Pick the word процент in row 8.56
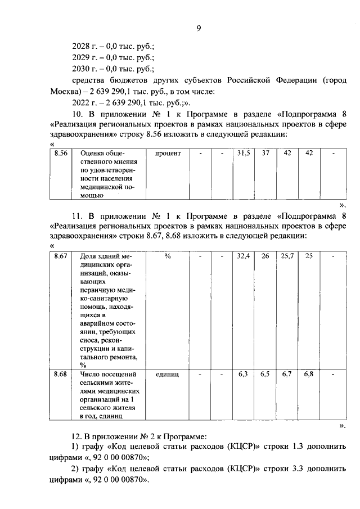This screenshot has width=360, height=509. (167, 154)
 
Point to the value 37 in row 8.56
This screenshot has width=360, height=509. (265, 154)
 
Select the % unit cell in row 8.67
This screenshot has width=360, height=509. (167, 256)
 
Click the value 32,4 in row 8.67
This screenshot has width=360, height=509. (243, 256)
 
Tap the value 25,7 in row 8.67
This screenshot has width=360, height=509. (287, 256)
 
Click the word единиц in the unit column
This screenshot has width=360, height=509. (167, 373)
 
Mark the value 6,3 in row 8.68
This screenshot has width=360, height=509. (243, 373)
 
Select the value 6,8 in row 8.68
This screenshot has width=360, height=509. (309, 373)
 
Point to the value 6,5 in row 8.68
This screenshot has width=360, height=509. (265, 373)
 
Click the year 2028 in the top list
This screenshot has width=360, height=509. (82, 46)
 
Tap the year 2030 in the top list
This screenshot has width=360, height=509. (82, 69)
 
